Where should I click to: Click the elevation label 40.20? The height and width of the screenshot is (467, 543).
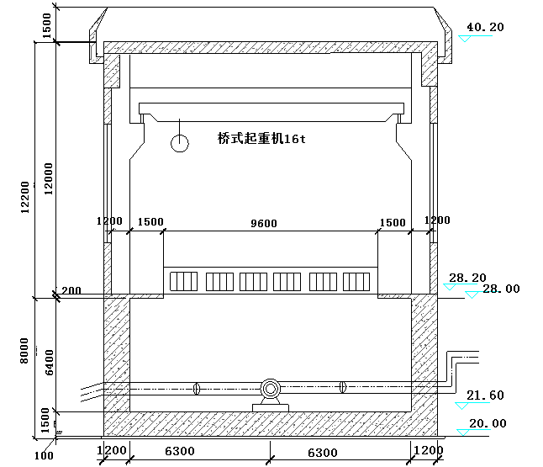pos(485,27)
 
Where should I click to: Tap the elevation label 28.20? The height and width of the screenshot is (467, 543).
pos(467,278)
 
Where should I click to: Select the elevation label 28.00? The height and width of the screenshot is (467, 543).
pos(501,289)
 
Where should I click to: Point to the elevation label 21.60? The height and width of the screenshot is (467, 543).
pos(485,395)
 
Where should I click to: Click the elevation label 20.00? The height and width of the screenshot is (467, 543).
pos(488,423)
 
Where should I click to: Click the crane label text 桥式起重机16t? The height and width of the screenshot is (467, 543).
pos(261,138)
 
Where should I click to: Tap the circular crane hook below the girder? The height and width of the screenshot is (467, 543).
pos(180,143)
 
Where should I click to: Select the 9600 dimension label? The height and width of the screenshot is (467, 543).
pos(264,223)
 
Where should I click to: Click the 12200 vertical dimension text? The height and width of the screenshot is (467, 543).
pos(25,197)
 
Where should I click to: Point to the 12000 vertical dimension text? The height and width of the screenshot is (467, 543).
pos(49,179)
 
